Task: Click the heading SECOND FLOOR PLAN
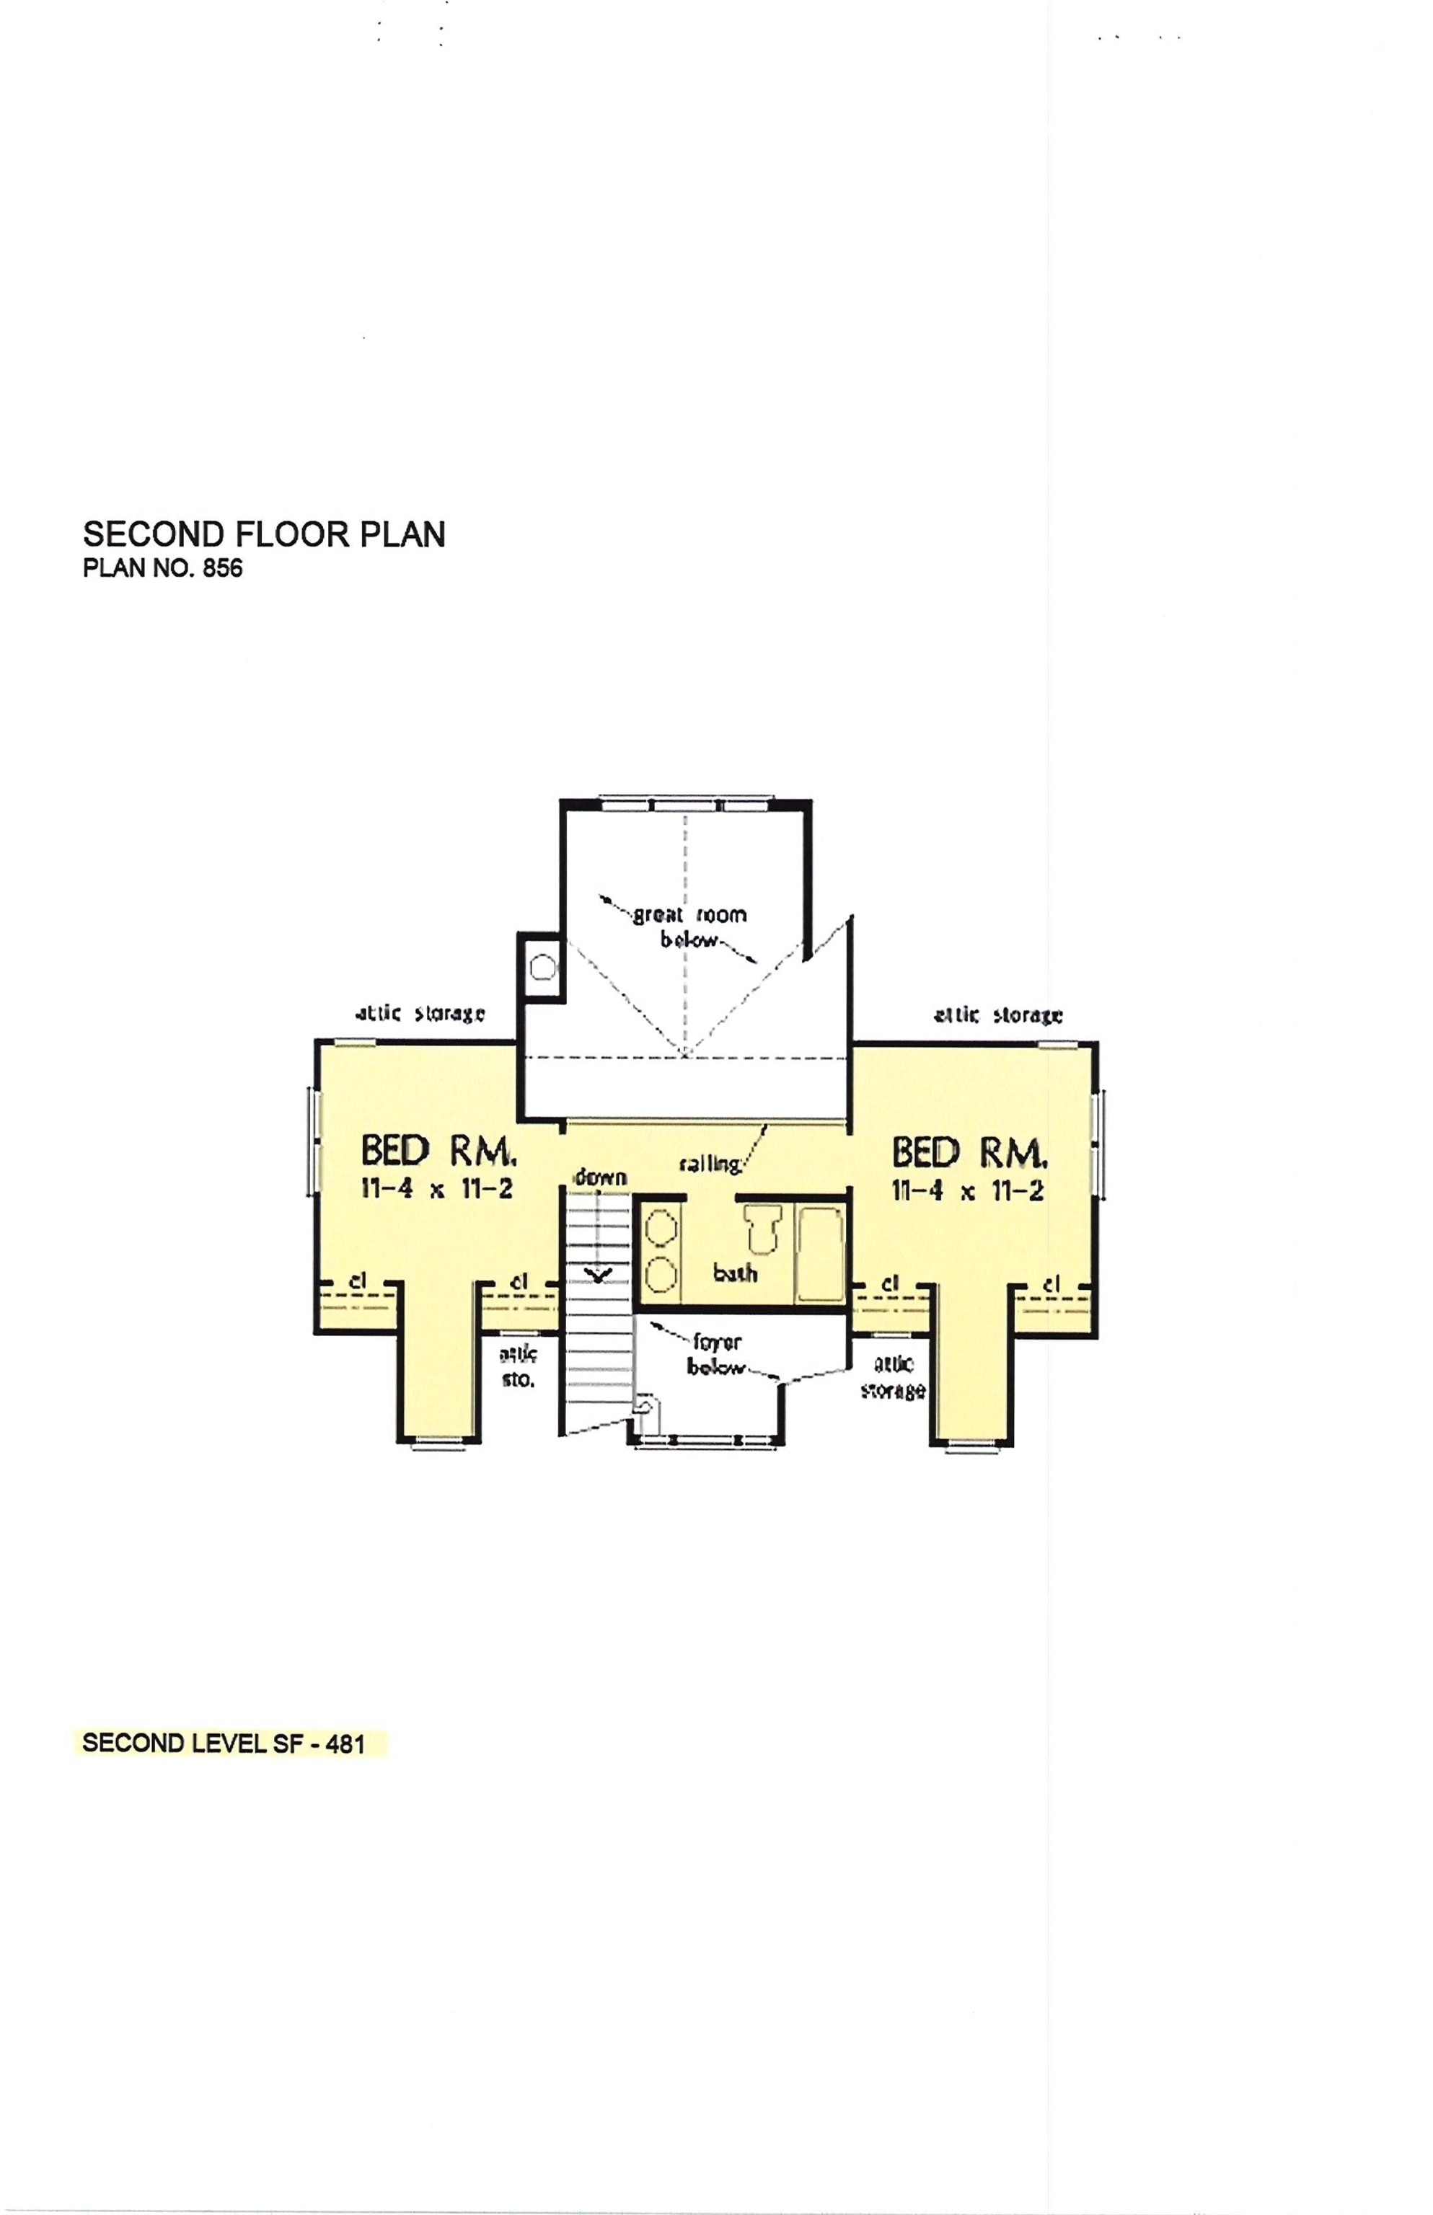(x=264, y=534)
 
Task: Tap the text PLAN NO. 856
(x=163, y=567)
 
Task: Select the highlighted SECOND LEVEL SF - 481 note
(x=224, y=1743)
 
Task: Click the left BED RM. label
(x=437, y=1151)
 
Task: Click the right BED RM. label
(x=969, y=1154)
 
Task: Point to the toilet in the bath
(x=763, y=1227)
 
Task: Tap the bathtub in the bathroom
(x=820, y=1254)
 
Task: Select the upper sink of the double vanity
(x=661, y=1227)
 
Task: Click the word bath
(x=735, y=1273)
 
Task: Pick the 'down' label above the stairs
(x=600, y=1177)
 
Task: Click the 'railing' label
(x=710, y=1163)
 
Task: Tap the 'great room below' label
(x=689, y=927)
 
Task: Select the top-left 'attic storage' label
(x=420, y=1013)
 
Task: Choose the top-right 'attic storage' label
(x=998, y=1015)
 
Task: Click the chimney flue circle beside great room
(x=542, y=968)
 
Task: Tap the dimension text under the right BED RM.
(x=968, y=1190)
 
